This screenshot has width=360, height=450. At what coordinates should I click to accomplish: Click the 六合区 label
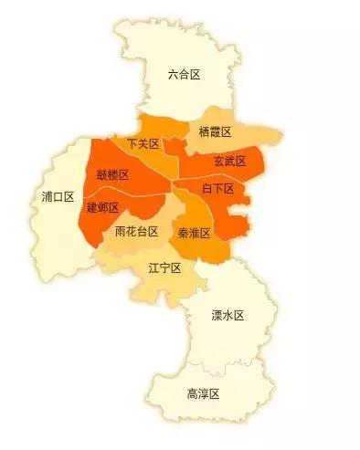click(x=185, y=75)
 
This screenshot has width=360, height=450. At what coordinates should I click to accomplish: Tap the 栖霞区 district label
click(x=215, y=132)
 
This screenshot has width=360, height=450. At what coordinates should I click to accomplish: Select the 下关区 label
click(x=143, y=144)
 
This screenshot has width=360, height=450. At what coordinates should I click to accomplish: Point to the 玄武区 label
click(x=229, y=161)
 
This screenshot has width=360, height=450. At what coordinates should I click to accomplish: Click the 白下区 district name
click(x=217, y=188)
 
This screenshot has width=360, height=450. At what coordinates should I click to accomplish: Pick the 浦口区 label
click(x=58, y=196)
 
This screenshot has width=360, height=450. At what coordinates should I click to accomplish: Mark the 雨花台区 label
click(x=137, y=232)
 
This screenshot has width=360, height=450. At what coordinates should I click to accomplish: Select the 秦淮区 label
click(x=194, y=233)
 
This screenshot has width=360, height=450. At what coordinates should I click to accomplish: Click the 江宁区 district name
click(x=164, y=267)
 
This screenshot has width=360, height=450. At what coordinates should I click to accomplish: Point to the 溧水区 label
click(x=228, y=316)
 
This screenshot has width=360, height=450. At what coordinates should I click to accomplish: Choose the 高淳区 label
click(x=203, y=393)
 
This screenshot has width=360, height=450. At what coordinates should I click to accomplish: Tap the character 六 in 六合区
click(x=173, y=75)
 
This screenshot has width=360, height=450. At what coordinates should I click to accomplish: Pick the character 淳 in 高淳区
click(x=203, y=393)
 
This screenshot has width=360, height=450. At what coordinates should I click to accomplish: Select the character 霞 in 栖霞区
click(x=215, y=132)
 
